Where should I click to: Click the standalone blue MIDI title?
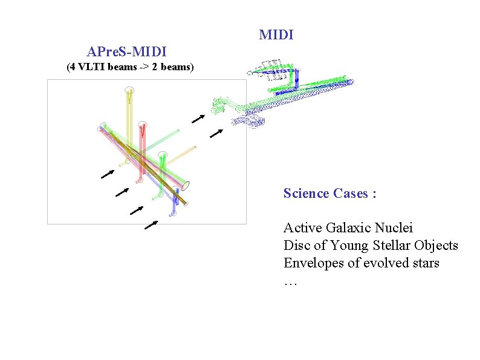276,35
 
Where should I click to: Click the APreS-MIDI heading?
127,51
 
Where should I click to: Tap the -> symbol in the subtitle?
144,67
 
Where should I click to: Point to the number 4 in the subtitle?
72,67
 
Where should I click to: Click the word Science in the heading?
306,194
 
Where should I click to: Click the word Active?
303,228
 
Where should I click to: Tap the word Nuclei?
394,228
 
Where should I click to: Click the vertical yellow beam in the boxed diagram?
129,115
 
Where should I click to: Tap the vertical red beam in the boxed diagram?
142,151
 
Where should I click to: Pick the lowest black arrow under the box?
151,226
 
